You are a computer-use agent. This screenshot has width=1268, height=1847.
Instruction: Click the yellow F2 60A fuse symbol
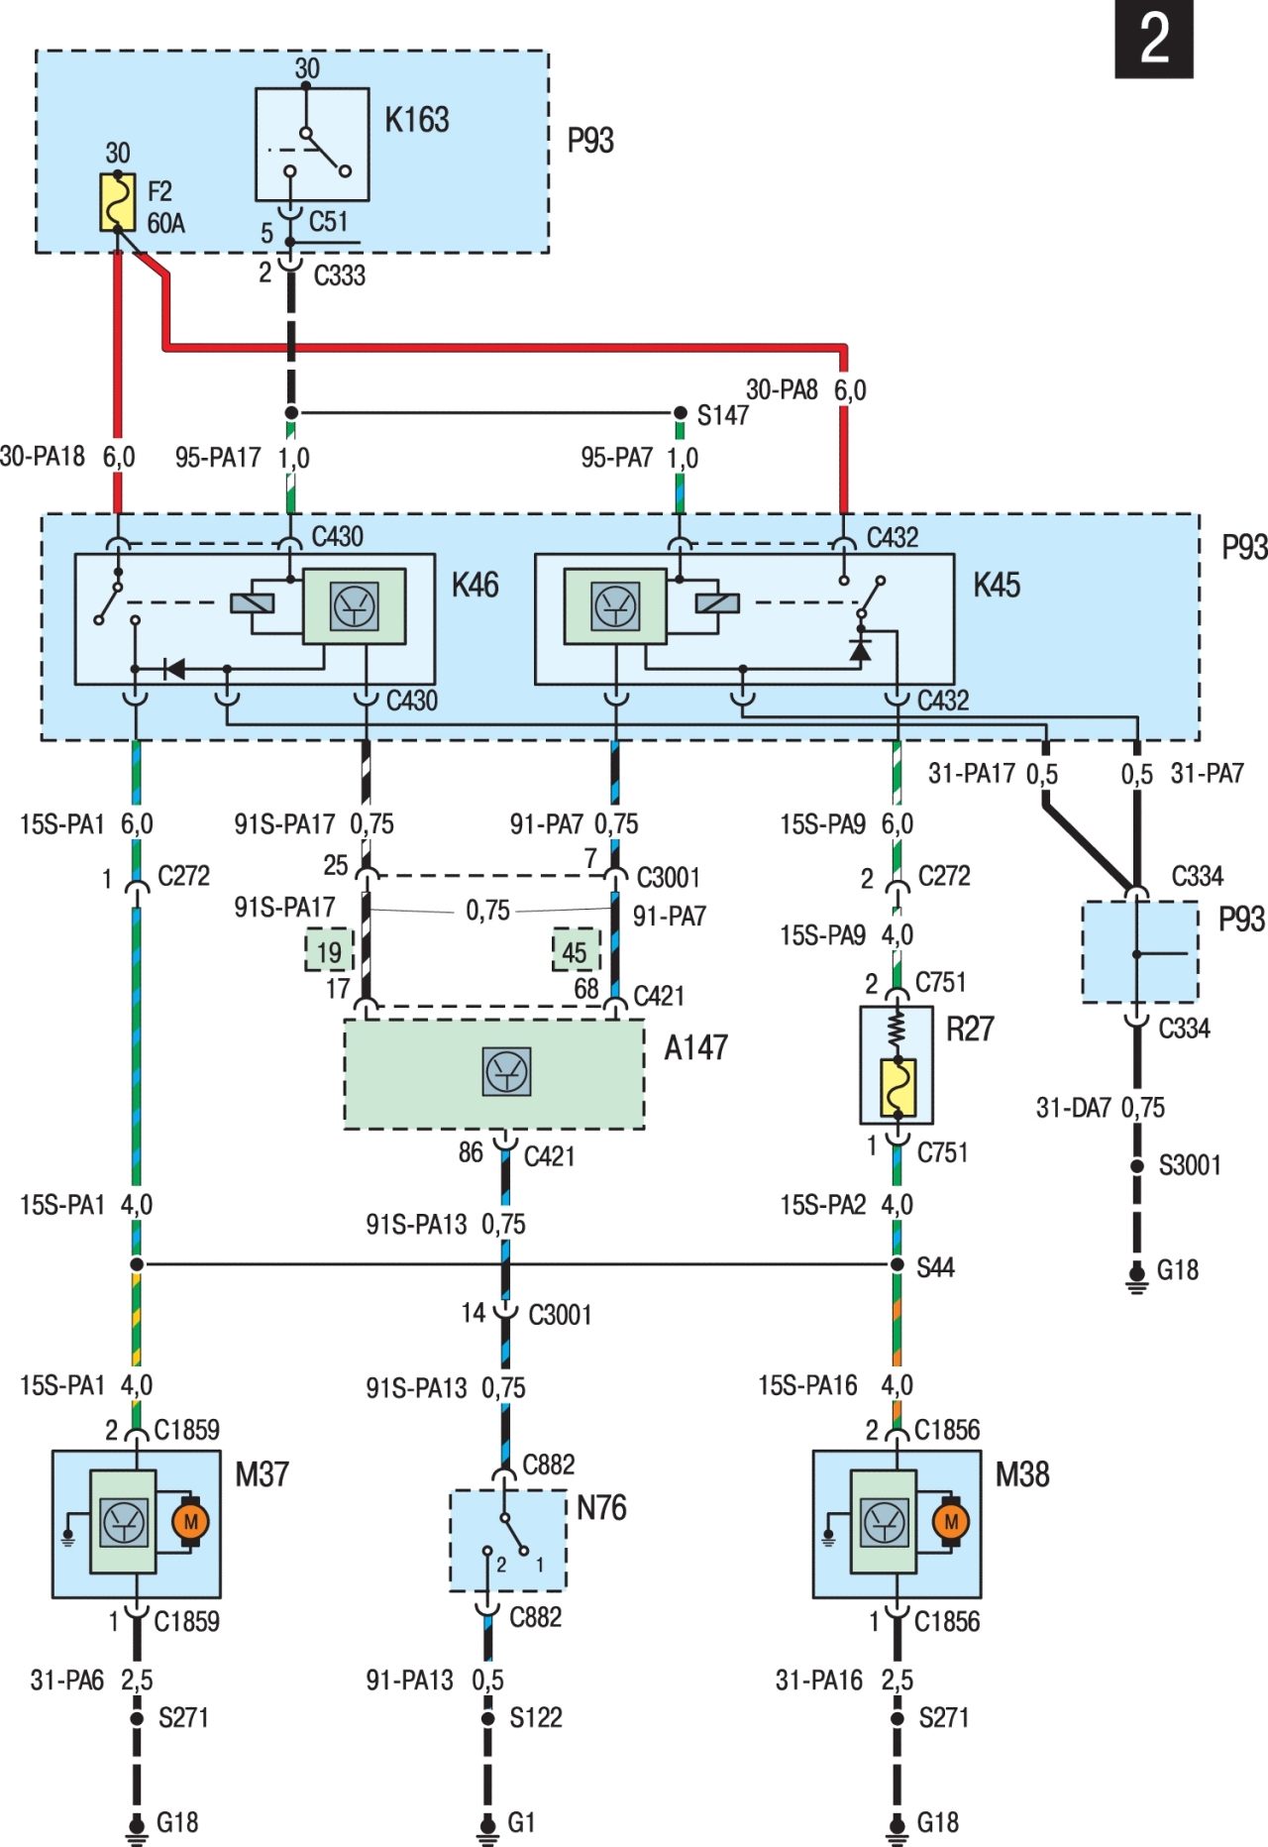coord(118,203)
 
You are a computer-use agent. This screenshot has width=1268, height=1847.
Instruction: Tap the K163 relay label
coord(417,120)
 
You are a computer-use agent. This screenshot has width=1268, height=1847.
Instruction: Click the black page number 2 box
coord(1154,39)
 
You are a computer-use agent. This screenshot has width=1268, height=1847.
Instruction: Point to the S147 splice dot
coord(680,412)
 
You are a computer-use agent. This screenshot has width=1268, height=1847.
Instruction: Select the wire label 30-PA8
coord(783,389)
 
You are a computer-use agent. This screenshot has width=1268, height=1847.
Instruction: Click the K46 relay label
coord(475,585)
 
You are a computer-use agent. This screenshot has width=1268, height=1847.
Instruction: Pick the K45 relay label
coord(997,585)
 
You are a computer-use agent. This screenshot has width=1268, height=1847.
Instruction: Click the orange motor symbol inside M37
coord(190,1521)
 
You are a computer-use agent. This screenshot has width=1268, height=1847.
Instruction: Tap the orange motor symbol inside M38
coord(951,1521)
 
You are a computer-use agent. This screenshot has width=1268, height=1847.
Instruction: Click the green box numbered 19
coord(329,952)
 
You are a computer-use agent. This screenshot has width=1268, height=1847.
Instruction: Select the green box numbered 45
coord(576,951)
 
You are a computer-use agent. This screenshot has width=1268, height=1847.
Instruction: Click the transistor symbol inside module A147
coord(507,1071)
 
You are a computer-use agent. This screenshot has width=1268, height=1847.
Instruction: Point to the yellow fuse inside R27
coord(898,1087)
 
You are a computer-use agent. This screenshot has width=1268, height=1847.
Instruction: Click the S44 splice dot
coord(897,1264)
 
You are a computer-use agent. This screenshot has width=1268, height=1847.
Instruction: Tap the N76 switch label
coord(601,1507)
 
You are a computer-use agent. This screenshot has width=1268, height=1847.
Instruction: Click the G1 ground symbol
coord(487,1825)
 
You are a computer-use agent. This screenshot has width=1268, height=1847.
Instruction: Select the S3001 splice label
coord(1190,1164)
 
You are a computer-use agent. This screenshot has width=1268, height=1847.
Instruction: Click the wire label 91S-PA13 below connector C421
coord(416,1225)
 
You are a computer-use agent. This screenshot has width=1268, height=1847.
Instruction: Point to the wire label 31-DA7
coord(1074,1108)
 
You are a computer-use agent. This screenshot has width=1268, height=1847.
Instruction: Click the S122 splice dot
coord(487,1717)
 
